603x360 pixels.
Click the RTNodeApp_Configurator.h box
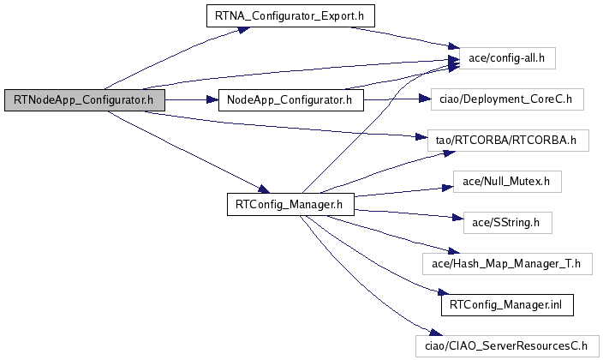click(x=84, y=100)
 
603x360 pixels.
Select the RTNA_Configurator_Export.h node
click(x=290, y=15)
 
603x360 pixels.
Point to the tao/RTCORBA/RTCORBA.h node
click(x=512, y=139)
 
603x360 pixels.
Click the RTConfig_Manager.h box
click(x=290, y=205)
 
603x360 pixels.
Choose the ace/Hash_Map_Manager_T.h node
click(x=507, y=264)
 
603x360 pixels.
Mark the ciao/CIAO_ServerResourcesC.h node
click(x=507, y=346)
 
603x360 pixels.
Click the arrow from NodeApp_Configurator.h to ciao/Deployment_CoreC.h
click(x=394, y=100)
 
